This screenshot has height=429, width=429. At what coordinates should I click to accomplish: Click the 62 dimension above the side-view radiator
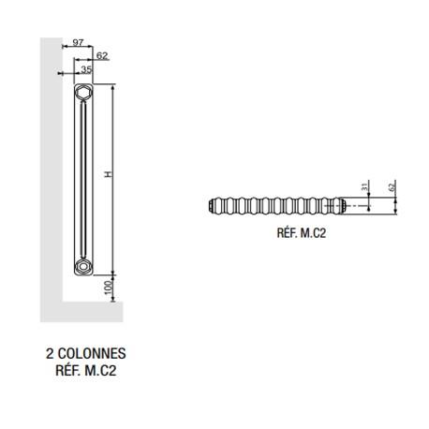tap(102, 56)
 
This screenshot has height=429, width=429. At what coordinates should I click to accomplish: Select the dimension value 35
tap(86, 69)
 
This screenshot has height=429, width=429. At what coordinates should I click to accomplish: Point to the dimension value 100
tap(110, 287)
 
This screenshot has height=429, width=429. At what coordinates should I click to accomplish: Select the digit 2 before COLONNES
tap(49, 354)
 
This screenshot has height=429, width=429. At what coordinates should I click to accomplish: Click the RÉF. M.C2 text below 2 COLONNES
tap(85, 370)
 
